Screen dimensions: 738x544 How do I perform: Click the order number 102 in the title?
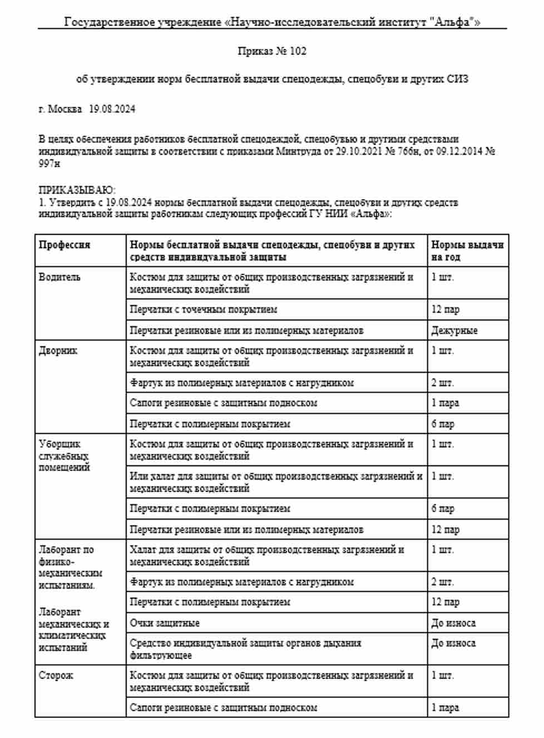click(298, 51)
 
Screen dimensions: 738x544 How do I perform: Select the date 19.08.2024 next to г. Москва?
click(112, 109)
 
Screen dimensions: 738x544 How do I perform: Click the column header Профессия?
click(65, 245)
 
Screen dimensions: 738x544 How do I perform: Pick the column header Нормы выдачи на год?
click(467, 250)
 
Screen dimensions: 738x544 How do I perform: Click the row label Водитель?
click(60, 277)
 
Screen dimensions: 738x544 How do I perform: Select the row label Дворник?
click(58, 351)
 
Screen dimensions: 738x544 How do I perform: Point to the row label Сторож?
click(56, 676)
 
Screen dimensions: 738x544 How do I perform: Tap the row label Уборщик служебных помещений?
click(64, 455)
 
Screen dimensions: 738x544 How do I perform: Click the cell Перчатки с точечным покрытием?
click(204, 309)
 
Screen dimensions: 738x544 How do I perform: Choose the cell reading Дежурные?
click(454, 331)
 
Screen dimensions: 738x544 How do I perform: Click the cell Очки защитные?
click(165, 623)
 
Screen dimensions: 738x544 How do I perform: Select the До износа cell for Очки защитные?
click(453, 623)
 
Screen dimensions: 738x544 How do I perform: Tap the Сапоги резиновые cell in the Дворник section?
click(224, 403)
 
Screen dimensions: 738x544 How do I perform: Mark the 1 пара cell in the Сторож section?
click(445, 708)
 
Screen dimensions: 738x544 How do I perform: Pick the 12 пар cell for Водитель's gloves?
click(446, 309)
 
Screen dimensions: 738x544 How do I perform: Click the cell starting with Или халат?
click(276, 482)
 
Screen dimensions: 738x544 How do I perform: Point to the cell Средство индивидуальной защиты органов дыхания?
click(245, 649)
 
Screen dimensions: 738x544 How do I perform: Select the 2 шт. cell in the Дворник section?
click(443, 383)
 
